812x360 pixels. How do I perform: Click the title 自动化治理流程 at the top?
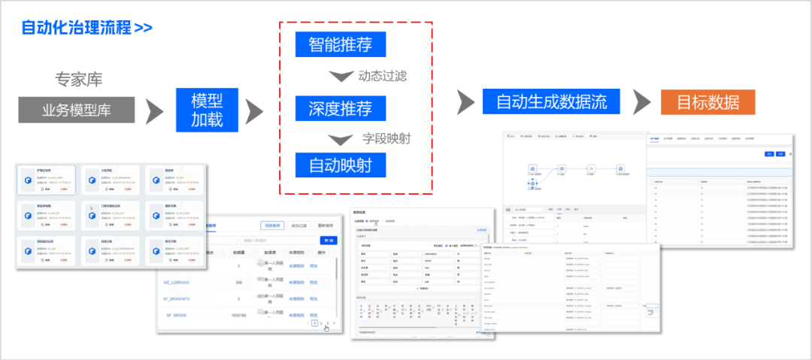76,29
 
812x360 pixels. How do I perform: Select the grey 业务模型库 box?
77,110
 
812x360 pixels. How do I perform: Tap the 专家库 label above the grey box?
78,80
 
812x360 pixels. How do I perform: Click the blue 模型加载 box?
207,110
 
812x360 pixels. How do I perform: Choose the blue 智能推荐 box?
340,44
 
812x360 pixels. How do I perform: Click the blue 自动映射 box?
340,164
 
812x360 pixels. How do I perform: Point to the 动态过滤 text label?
383,75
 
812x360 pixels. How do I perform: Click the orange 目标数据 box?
707,101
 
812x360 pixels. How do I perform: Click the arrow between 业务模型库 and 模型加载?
155,111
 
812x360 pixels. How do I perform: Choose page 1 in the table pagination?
314,323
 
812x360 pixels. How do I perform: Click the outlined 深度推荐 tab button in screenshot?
273,225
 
